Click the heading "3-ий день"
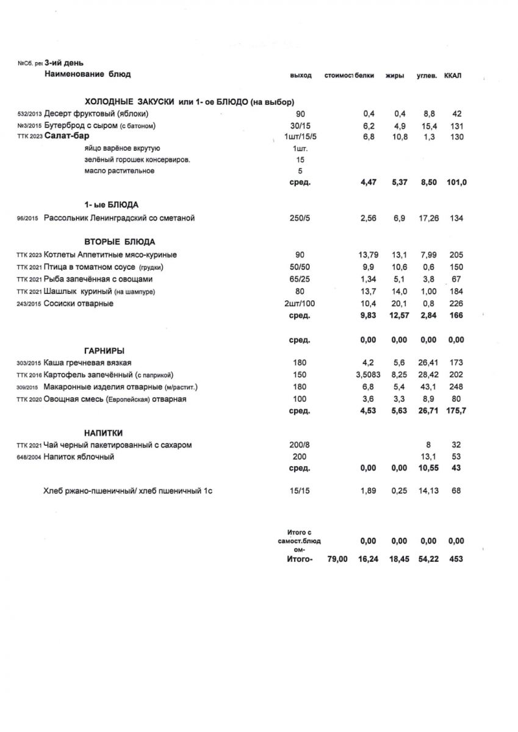point(64,63)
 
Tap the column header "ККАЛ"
point(453,76)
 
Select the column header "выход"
point(301,76)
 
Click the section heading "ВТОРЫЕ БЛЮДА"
point(119,242)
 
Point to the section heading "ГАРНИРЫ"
point(104,351)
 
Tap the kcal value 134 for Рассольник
point(455,218)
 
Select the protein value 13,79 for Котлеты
point(368,255)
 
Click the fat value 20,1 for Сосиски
point(398,304)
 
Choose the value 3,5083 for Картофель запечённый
point(368,375)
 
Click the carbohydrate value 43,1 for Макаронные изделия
point(427,387)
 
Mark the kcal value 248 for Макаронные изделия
point(455,387)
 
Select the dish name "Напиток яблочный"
point(79,457)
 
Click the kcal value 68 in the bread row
point(455,491)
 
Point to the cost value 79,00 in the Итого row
point(337,559)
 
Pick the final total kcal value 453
point(455,559)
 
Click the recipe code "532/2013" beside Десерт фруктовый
point(30,114)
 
